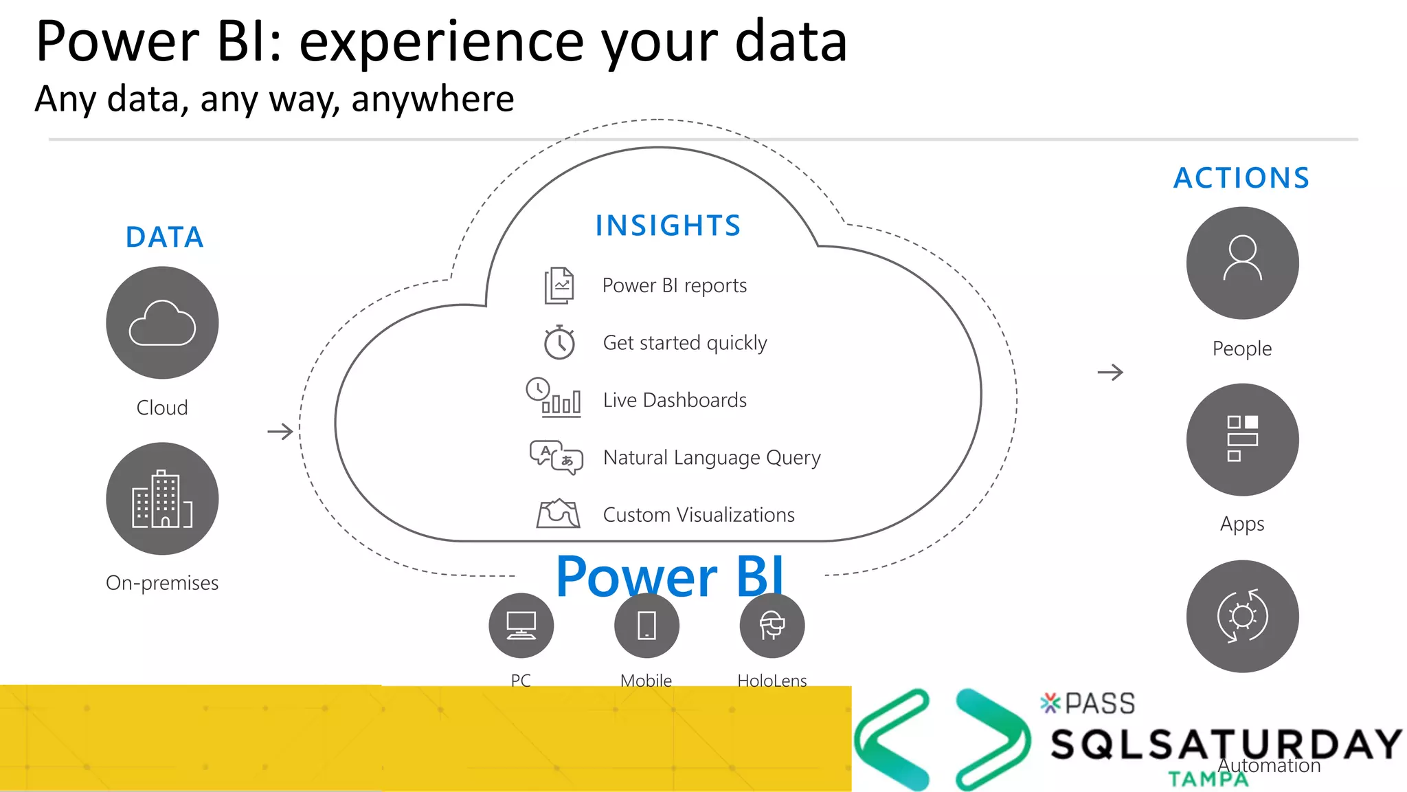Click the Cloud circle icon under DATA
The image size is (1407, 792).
(x=162, y=322)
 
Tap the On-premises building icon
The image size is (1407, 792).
(x=162, y=498)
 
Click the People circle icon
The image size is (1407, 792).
(x=1242, y=263)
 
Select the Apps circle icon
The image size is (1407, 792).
(x=1242, y=439)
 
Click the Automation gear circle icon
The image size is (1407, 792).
(x=1242, y=616)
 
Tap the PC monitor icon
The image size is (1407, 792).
(x=521, y=626)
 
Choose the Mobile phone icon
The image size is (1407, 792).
(x=646, y=626)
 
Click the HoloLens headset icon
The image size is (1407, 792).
(x=772, y=626)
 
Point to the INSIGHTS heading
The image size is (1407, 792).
(x=668, y=225)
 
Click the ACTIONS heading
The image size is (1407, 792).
(x=1241, y=178)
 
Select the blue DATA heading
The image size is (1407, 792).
(x=165, y=237)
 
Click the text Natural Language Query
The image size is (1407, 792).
(x=712, y=457)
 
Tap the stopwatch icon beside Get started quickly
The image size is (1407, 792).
(x=559, y=342)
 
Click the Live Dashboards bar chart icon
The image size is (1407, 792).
(x=554, y=398)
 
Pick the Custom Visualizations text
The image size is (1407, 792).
(x=699, y=515)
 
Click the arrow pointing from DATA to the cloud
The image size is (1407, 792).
(x=280, y=432)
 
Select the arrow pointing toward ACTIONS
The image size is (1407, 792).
(x=1110, y=373)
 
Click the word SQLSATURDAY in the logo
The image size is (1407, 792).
(x=1226, y=745)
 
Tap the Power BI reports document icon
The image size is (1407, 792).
(x=559, y=285)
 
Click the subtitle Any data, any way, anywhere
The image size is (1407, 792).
(x=274, y=99)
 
